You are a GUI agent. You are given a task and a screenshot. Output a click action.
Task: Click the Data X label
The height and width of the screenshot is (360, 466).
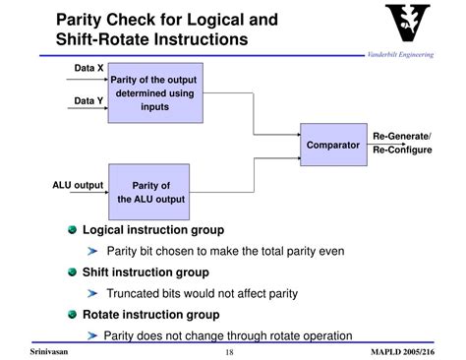pyautogui.click(x=89, y=69)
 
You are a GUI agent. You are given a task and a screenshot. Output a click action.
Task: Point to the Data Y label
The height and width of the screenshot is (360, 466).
pyautogui.click(x=89, y=100)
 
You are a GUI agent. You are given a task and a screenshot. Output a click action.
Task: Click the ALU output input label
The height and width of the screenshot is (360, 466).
pyautogui.click(x=78, y=184)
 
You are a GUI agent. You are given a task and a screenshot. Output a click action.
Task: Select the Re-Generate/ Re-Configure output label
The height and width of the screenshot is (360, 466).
pyautogui.click(x=401, y=143)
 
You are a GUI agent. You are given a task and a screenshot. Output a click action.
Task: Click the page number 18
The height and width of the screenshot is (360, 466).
pyautogui.click(x=229, y=351)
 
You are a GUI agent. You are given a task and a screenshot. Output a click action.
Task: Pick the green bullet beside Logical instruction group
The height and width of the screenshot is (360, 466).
pyautogui.click(x=72, y=229)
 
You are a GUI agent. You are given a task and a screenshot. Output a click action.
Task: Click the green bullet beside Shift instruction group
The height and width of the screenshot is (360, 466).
pyautogui.click(x=72, y=272)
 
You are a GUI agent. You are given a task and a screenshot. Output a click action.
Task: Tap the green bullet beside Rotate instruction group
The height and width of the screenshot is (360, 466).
pyautogui.click(x=72, y=315)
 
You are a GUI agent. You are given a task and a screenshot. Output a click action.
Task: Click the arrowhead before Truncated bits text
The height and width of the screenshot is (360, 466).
pyautogui.click(x=94, y=293)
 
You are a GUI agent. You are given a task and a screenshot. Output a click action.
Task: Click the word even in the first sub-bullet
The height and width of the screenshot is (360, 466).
pyautogui.click(x=329, y=251)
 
